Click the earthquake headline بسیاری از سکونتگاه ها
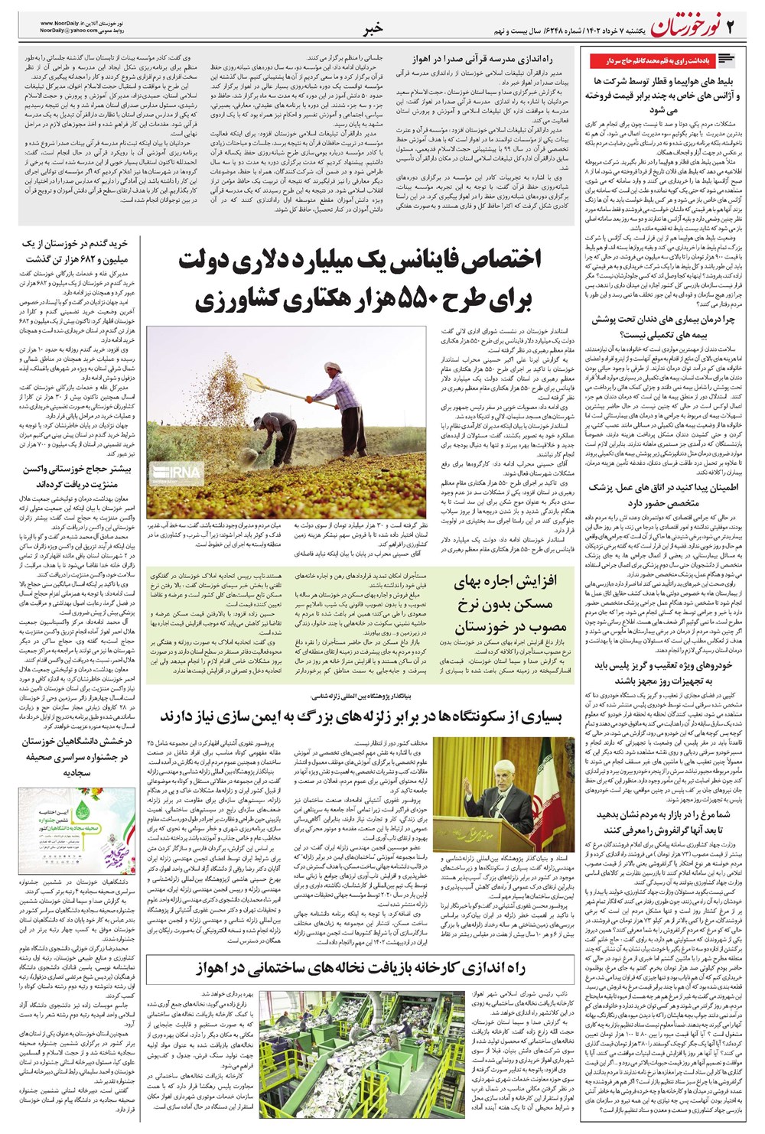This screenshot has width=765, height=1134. point(360,716)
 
